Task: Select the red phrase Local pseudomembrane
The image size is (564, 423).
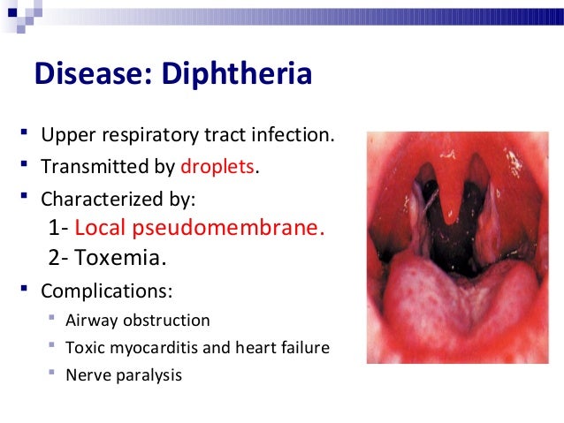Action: tap(200, 229)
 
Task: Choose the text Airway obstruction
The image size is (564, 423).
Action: tap(138, 320)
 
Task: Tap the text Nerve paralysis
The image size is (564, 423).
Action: tap(124, 374)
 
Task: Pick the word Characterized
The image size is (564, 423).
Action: tap(95, 194)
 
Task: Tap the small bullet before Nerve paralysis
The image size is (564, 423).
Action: tap(53, 374)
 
